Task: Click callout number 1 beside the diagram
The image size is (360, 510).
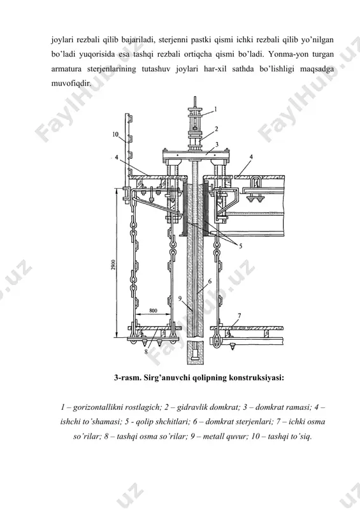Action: tap(215, 109)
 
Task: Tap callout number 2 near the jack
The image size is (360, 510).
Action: tap(217, 129)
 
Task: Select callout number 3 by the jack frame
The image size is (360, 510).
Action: tap(217, 144)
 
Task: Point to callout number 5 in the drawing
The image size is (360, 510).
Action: tap(241, 246)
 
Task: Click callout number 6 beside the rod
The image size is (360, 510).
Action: tap(210, 280)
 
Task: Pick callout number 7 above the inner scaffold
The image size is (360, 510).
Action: tap(240, 315)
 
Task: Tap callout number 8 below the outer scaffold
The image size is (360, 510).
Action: tap(146, 351)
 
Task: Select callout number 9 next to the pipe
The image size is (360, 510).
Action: tap(180, 298)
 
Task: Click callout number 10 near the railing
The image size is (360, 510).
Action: tap(115, 134)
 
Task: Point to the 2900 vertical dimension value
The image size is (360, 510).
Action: tap(112, 265)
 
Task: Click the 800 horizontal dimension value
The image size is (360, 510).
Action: tap(153, 310)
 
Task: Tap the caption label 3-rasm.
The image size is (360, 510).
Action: tap(127, 378)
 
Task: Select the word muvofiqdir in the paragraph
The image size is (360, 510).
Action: tap(71, 84)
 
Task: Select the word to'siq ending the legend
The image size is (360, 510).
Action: tap(301, 436)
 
